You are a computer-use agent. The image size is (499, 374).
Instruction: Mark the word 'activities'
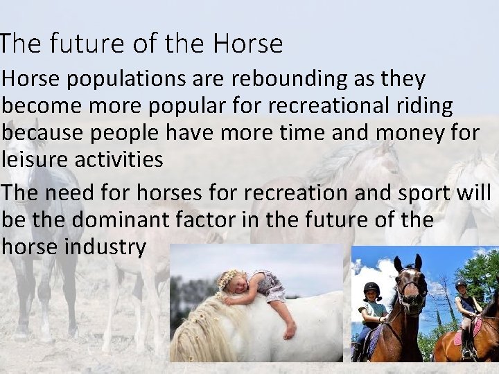click(x=123, y=160)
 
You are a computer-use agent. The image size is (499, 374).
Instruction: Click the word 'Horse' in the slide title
click(x=248, y=44)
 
